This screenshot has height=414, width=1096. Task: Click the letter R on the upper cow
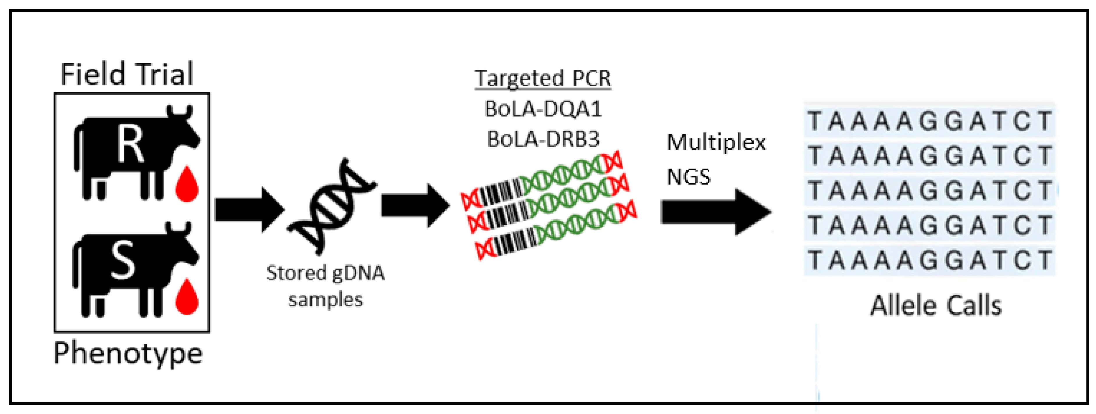130,146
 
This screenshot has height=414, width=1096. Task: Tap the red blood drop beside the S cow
187,298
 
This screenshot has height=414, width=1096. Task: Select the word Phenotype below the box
128,353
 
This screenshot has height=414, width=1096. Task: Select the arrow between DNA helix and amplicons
415,206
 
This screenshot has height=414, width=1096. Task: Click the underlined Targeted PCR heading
542,78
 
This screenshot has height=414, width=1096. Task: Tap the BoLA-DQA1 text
543,109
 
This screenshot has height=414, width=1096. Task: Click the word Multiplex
716,142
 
